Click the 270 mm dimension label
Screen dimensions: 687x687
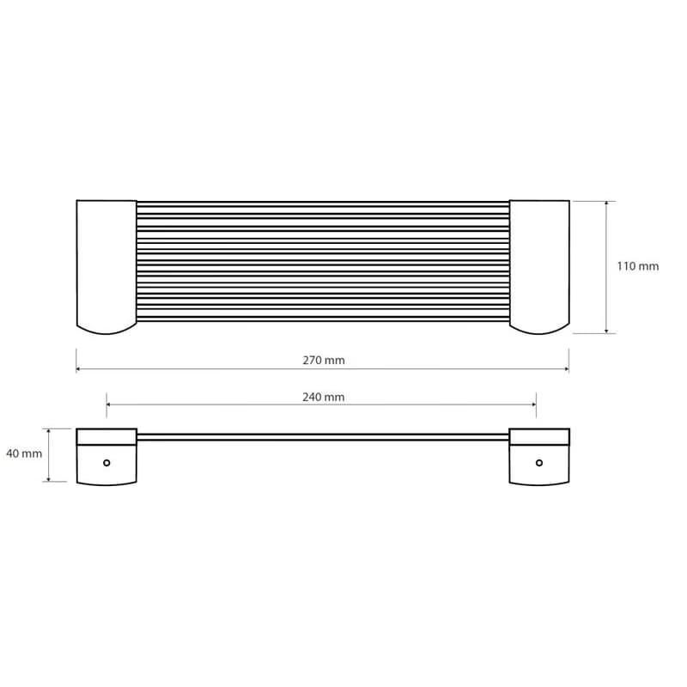pos(324,360)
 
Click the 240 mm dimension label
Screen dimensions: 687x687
pos(324,397)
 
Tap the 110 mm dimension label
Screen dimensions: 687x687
pos(637,266)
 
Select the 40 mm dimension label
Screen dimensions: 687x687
pos(24,453)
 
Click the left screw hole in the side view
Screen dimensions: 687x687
pos(106,463)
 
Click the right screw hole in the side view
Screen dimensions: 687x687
pos(539,463)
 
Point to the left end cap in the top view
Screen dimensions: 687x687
pos(106,267)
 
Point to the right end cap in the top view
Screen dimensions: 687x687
pos(539,267)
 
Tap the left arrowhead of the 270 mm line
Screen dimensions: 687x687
pos(78,369)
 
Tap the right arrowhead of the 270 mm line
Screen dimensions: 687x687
pos(567,369)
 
